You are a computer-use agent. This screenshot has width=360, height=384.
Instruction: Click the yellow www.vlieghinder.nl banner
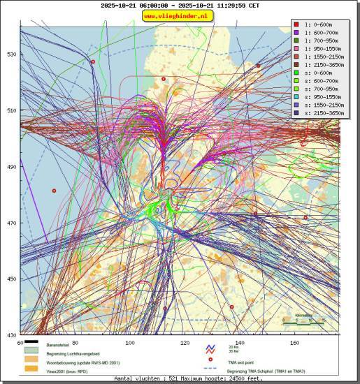click(180, 15)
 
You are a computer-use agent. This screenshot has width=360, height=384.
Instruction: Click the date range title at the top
click(180, 5)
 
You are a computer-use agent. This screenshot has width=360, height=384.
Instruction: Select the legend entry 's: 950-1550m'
click(323, 105)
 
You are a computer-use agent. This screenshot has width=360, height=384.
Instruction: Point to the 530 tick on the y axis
click(10, 54)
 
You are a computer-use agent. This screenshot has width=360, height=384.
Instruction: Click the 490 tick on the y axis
click(10, 167)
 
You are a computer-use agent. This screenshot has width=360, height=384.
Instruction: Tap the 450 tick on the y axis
click(10, 279)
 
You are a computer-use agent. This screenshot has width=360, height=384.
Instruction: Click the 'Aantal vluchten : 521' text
click(143, 378)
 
